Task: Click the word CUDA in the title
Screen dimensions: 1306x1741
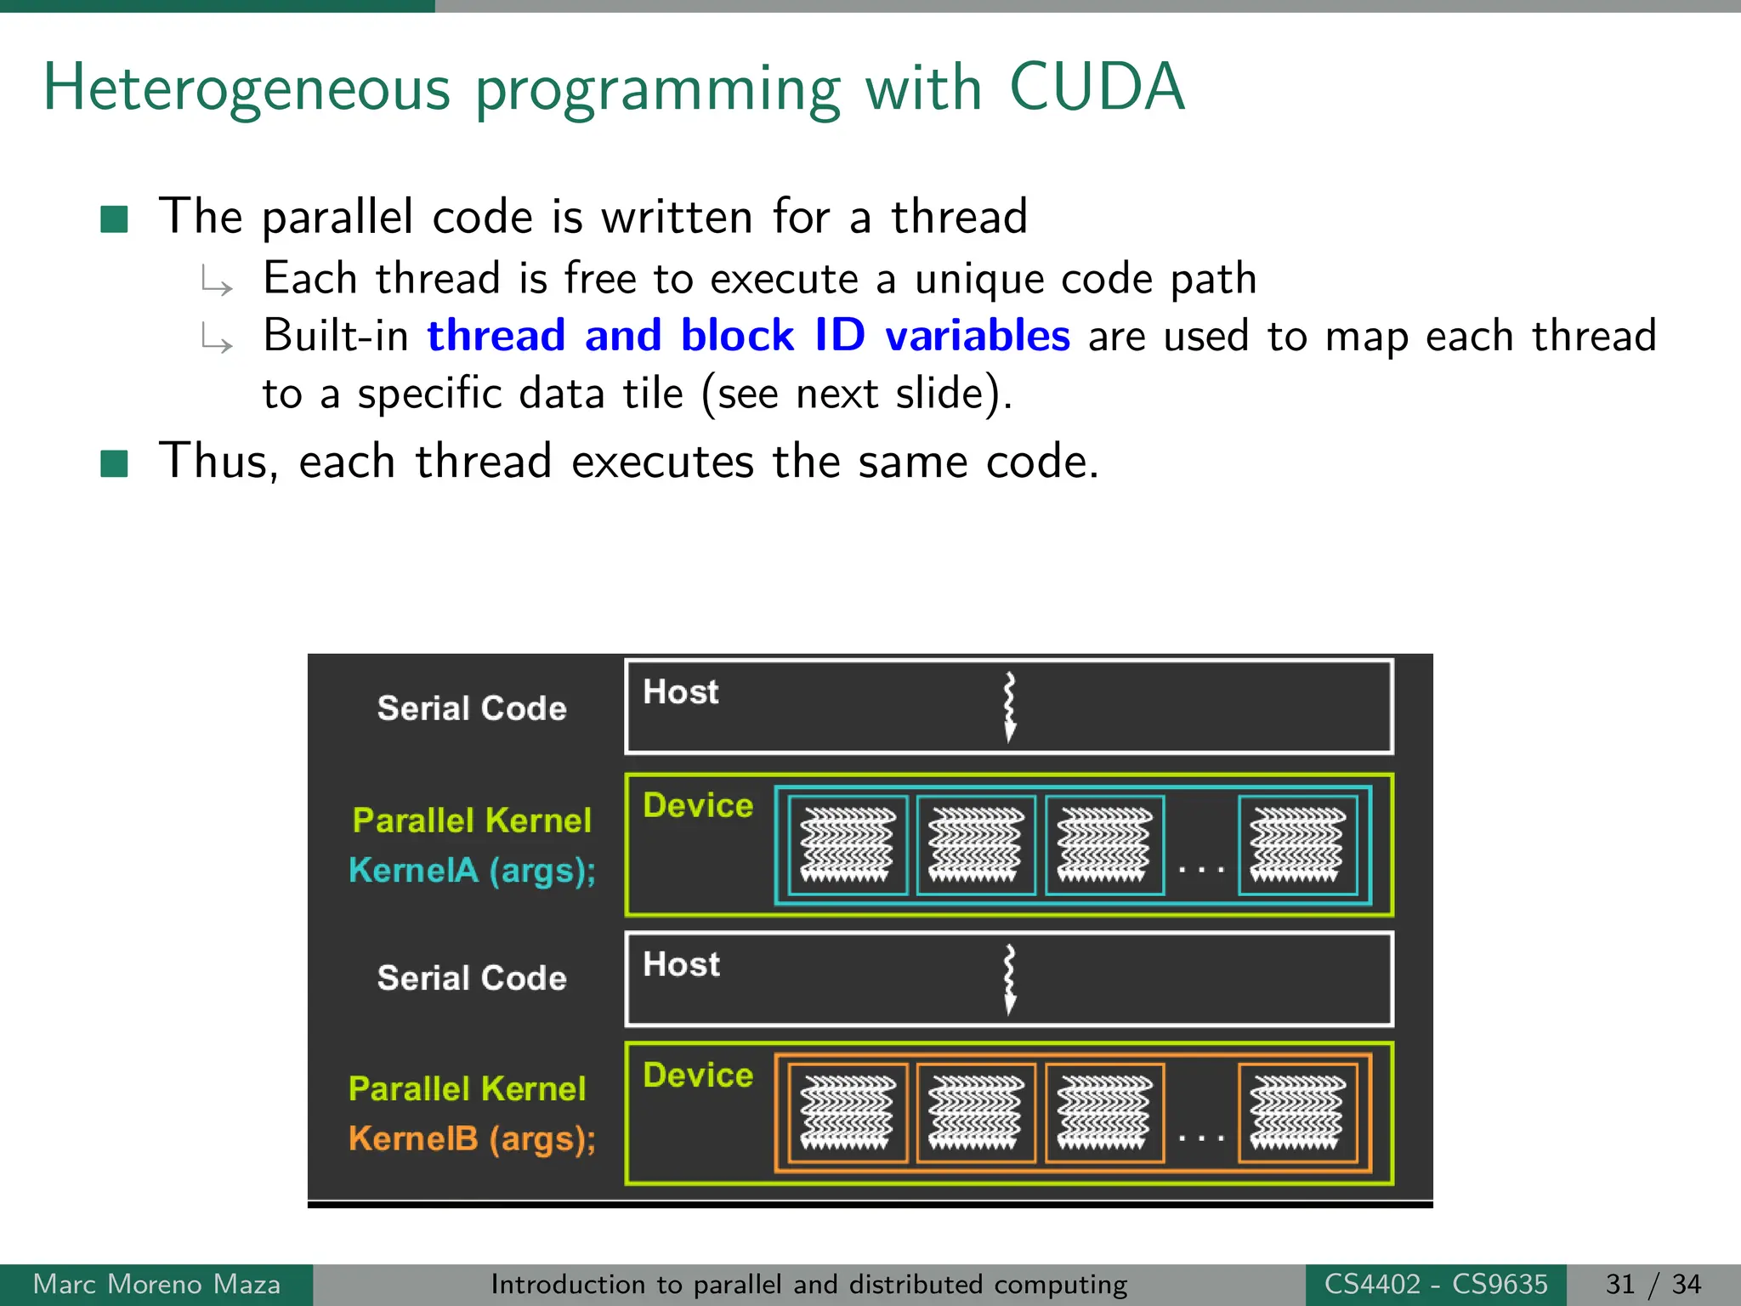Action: [x=1096, y=88]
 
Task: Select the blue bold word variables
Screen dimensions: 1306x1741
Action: [x=977, y=336]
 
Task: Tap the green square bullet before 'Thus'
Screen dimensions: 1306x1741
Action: [x=114, y=464]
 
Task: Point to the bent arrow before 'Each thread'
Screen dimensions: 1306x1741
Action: [x=217, y=281]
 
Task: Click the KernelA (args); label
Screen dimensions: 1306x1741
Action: [x=472, y=871]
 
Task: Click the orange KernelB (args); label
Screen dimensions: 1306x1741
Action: [x=472, y=1138]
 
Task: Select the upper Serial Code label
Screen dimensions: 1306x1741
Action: [x=472, y=708]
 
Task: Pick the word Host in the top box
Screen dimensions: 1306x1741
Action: [x=680, y=692]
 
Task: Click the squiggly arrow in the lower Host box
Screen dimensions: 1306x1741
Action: [x=1009, y=979]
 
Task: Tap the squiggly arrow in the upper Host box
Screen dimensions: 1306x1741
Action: [x=1009, y=707]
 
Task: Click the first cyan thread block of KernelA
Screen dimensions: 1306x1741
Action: [x=848, y=845]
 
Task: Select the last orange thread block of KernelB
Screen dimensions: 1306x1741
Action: [x=1297, y=1112]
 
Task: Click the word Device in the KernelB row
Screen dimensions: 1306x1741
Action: [x=698, y=1076]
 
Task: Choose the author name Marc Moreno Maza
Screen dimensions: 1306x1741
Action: [x=156, y=1284]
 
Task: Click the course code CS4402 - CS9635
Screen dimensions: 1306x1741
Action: [x=1436, y=1284]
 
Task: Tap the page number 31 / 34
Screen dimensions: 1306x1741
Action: [x=1653, y=1284]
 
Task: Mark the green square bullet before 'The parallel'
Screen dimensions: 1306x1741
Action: [x=114, y=219]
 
